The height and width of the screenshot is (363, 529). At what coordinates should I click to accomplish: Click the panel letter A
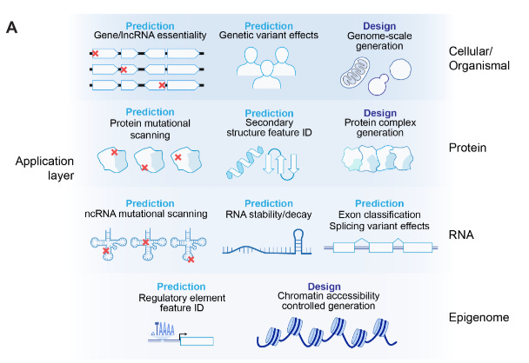pos(12,28)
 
